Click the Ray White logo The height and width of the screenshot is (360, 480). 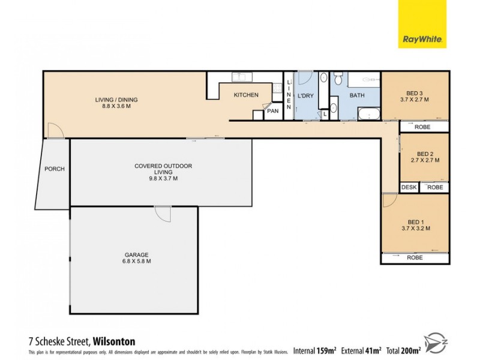pos(422,24)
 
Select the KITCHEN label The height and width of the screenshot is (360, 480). pos(246,95)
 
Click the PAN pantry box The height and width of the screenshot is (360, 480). pos(272,111)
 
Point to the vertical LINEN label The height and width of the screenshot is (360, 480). pos(289,95)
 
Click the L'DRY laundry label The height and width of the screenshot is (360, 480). pos(306,96)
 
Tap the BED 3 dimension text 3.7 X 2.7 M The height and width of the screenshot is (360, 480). pos(415,100)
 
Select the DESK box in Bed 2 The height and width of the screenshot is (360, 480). pos(409,187)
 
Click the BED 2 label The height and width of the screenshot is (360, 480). pos(425,153)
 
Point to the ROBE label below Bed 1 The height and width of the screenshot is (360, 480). pos(415,258)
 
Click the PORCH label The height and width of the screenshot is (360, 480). pos(54,169)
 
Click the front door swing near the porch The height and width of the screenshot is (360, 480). pos(54,130)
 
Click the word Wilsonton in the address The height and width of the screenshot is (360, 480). pos(114,341)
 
